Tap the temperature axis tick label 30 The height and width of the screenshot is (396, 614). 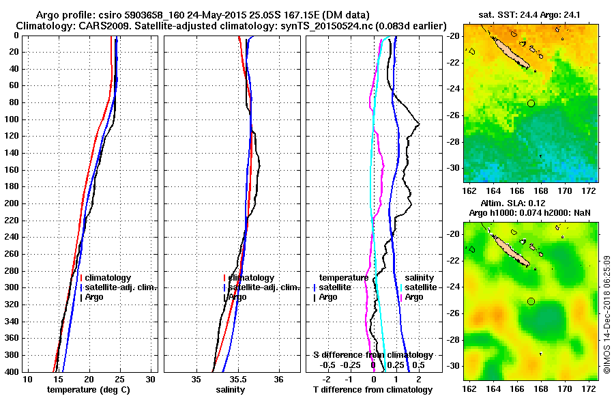click(151, 379)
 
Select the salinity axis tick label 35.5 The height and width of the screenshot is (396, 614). click(237, 379)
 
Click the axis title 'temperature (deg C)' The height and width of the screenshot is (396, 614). click(88, 389)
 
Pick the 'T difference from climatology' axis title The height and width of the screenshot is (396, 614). click(372, 389)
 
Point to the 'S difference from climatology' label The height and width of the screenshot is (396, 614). click(372, 355)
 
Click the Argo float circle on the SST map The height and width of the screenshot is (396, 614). click(531, 103)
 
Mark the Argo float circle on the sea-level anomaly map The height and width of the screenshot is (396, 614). click(531, 301)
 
